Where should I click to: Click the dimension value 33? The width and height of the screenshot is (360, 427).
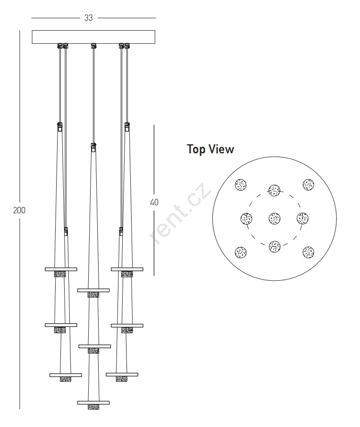[x=89, y=18]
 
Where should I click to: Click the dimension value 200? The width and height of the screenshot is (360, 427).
[x=19, y=210]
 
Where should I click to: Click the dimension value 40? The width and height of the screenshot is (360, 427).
[x=154, y=202]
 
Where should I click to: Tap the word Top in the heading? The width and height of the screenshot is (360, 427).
[x=196, y=150]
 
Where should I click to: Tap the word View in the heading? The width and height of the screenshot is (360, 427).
[x=221, y=149]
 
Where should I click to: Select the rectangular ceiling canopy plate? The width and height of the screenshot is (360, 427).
[x=93, y=37]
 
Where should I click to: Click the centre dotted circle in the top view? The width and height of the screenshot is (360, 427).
[x=275, y=218]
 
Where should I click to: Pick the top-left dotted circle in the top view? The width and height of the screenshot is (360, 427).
[x=241, y=184]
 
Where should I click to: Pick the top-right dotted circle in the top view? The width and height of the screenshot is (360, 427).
[x=308, y=184]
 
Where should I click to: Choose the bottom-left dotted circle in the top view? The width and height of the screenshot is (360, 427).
[x=241, y=252]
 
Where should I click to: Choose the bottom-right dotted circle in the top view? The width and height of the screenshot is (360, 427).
[x=308, y=252]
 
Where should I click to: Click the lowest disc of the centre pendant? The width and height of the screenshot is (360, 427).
[x=93, y=402]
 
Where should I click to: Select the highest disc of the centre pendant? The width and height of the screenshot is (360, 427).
[x=93, y=290]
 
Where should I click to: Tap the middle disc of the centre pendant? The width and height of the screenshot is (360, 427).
[x=95, y=346]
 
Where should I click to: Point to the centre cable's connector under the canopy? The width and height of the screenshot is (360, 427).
[x=94, y=45]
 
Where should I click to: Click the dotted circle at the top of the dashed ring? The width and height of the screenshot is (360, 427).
[x=275, y=190]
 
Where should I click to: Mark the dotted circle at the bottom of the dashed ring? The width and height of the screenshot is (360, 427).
[x=275, y=246]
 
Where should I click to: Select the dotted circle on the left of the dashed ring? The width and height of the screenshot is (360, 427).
[x=246, y=218]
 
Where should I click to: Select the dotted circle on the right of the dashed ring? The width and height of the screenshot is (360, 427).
[x=302, y=218]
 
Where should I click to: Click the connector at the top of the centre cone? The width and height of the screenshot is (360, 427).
[x=93, y=147]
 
